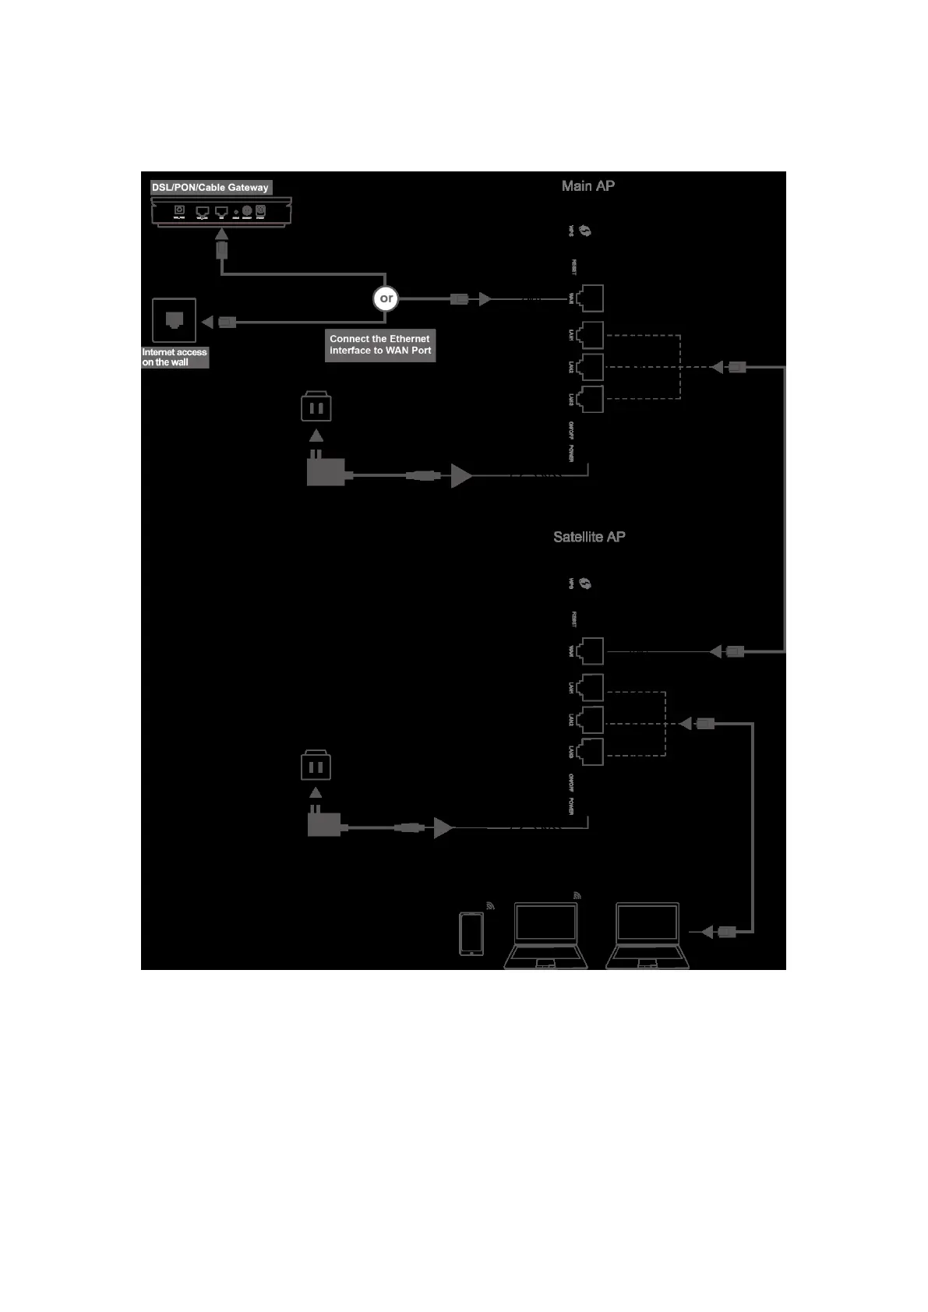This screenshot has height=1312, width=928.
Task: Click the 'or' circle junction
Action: [386, 298]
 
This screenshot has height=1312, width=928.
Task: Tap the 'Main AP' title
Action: [588, 186]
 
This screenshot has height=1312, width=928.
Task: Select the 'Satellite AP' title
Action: [589, 537]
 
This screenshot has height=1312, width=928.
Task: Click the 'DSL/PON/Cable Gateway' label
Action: [210, 188]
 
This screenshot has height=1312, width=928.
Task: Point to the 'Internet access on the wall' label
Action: [175, 358]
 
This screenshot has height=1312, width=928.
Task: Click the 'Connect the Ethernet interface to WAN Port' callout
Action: [380, 344]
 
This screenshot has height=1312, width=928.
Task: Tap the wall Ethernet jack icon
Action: [175, 320]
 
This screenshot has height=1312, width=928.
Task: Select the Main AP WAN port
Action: [591, 298]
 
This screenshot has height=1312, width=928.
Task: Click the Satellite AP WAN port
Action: [591, 651]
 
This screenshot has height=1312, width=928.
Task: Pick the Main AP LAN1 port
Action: [591, 335]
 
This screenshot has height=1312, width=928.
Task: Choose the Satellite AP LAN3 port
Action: [591, 752]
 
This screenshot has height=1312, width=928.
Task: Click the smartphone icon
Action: [471, 933]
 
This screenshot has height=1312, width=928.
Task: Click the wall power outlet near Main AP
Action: [316, 407]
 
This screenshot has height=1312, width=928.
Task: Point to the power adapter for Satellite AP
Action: [323, 822]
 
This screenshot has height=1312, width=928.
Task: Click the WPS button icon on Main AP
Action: [585, 231]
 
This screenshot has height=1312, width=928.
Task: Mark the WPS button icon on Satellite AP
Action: [585, 584]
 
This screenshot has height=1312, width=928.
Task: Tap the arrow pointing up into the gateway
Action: [222, 234]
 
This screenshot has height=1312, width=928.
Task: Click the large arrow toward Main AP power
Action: [461, 475]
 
